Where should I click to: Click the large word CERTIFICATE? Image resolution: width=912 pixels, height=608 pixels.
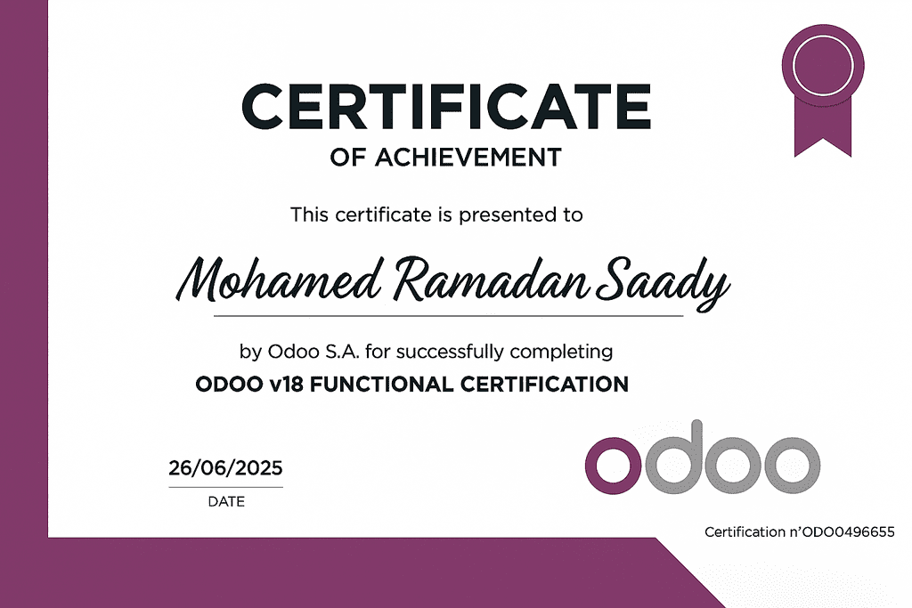[x=446, y=106]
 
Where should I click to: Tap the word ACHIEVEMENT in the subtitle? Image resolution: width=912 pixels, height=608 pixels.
[x=468, y=158]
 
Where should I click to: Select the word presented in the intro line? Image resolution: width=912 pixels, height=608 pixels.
[x=507, y=215]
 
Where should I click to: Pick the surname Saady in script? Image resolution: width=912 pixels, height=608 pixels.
[x=663, y=283]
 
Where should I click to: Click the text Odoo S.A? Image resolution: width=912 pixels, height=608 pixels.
[x=313, y=352]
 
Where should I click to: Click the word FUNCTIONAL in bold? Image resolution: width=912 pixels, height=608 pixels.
[x=381, y=385]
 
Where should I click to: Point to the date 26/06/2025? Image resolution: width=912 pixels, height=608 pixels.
[x=225, y=468]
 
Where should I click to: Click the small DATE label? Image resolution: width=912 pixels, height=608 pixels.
[x=226, y=502]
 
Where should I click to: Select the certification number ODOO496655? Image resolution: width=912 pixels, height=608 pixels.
[x=848, y=531]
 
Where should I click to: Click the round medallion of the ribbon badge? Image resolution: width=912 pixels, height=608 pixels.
[x=823, y=65]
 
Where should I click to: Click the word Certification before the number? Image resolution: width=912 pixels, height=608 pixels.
[x=745, y=531]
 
